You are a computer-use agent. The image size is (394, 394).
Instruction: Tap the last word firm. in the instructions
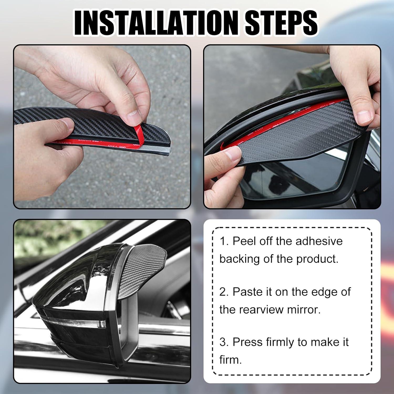pos(230,360)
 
